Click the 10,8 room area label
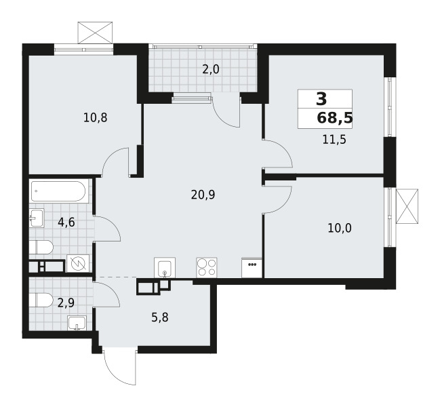click(x=95, y=117)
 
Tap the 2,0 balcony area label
click(x=210, y=69)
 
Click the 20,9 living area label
click(x=203, y=195)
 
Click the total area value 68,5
click(x=334, y=118)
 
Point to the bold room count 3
click(x=320, y=99)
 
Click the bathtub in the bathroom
click(x=58, y=192)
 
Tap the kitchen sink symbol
click(x=165, y=268)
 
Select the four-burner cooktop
click(x=207, y=267)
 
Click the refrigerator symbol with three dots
click(x=252, y=267)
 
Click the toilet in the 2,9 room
click(x=41, y=300)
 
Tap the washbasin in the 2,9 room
click(x=78, y=323)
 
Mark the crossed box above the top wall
click(x=94, y=33)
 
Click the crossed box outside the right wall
click(x=407, y=206)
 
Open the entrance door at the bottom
click(x=119, y=368)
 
